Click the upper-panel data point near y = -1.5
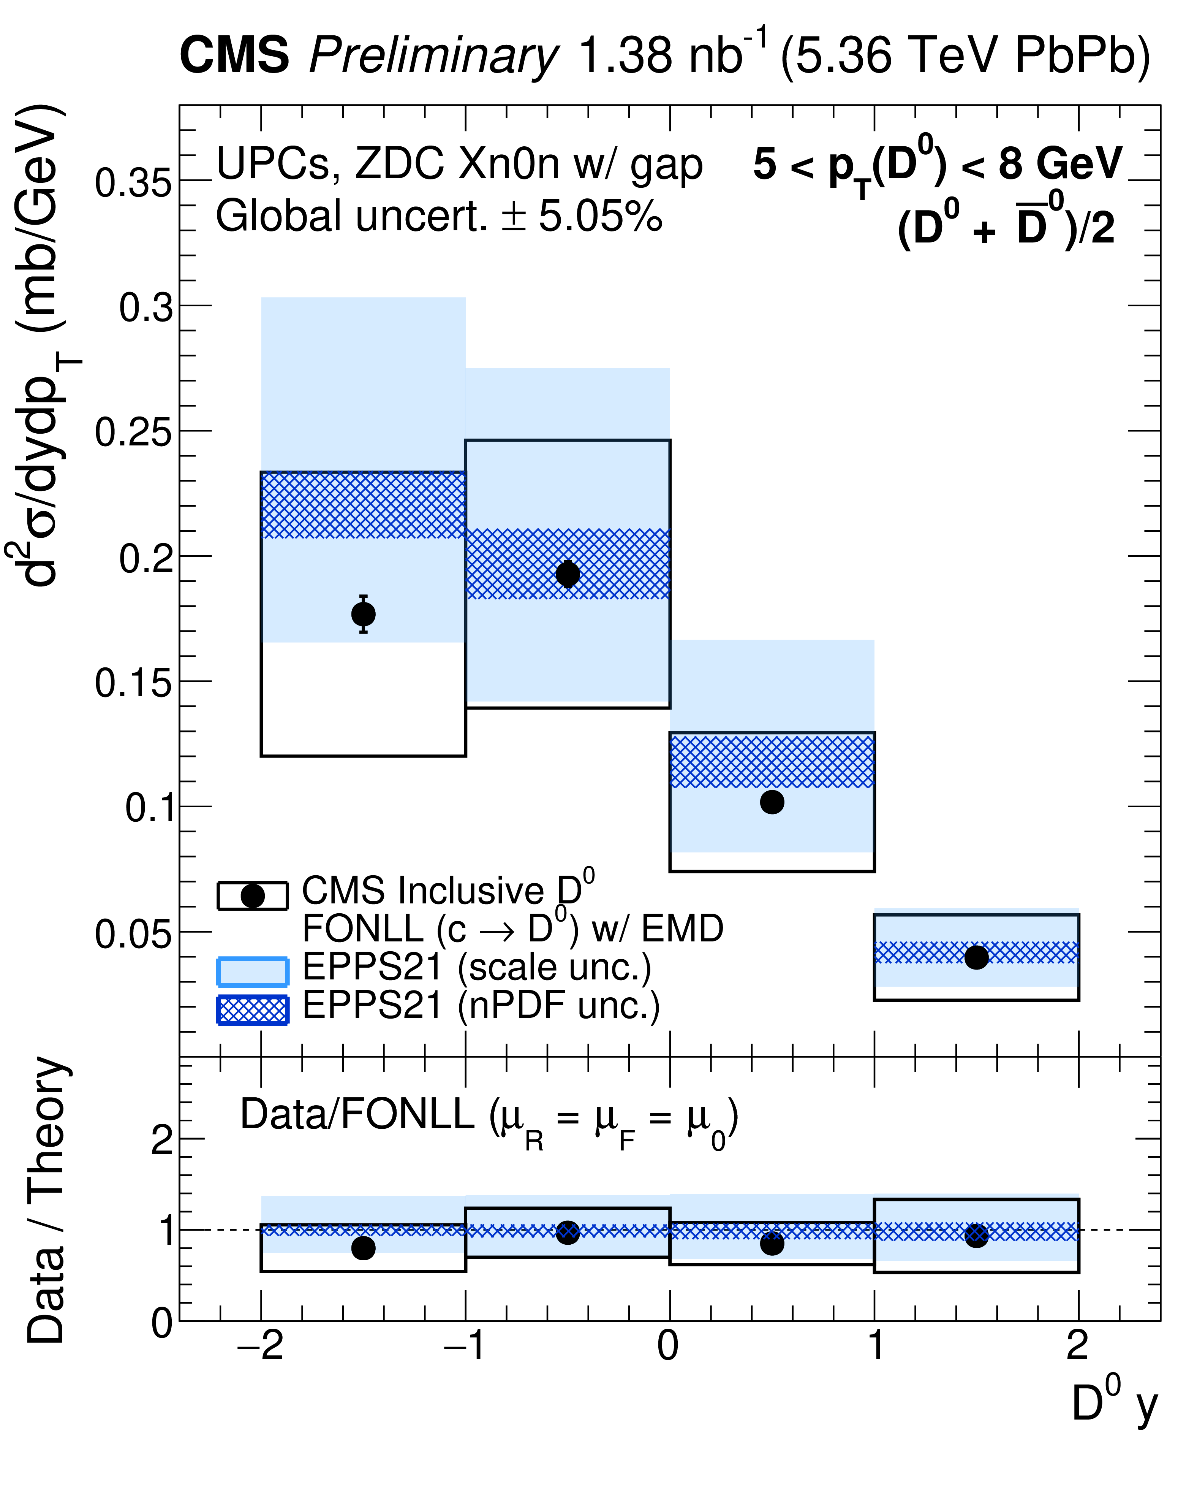point(363,614)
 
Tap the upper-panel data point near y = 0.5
point(772,802)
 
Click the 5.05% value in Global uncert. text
point(600,216)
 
